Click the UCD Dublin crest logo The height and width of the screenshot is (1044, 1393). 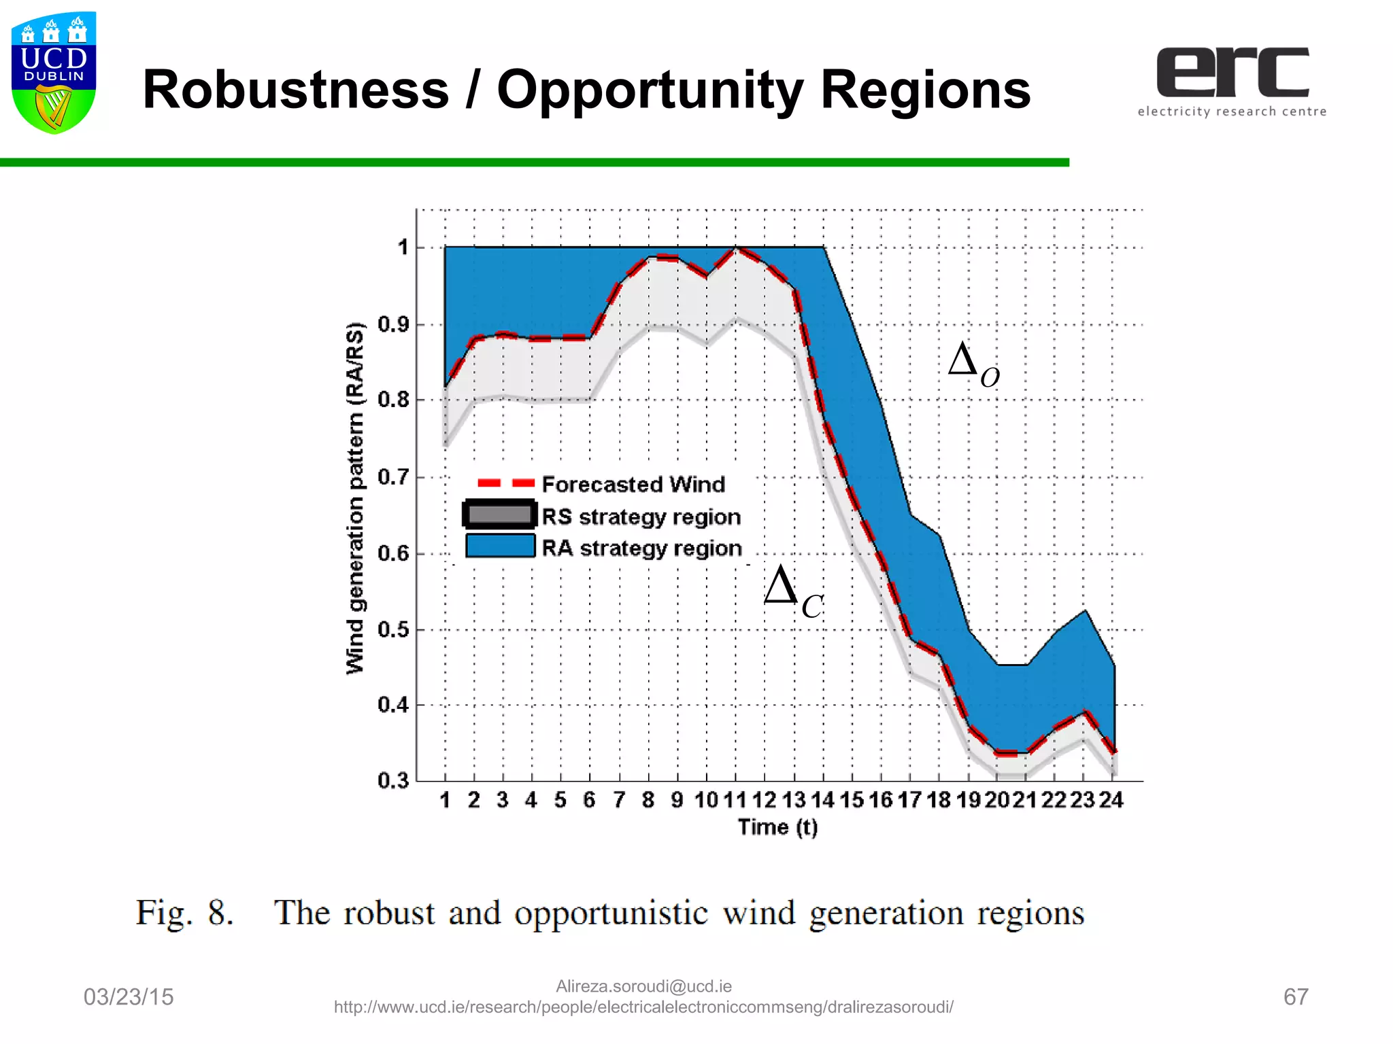pyautogui.click(x=54, y=72)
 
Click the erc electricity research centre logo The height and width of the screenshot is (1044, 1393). pyautogui.click(x=1232, y=82)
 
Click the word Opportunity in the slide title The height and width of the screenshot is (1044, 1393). pyautogui.click(x=650, y=90)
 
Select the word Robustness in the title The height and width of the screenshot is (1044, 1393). pyautogui.click(x=295, y=90)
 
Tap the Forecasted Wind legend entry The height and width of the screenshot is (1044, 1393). pyautogui.click(x=633, y=485)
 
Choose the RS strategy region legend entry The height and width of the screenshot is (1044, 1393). pyautogui.click(x=640, y=517)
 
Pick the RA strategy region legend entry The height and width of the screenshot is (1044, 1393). pyautogui.click(x=641, y=548)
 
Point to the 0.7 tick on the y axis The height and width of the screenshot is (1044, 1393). pyautogui.click(x=394, y=477)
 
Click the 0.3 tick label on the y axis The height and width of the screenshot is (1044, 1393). pyautogui.click(x=394, y=780)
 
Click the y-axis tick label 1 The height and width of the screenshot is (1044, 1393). pyautogui.click(x=403, y=247)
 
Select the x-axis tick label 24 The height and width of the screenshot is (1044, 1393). pyautogui.click(x=1111, y=800)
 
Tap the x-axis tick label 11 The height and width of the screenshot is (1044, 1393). pyautogui.click(x=735, y=800)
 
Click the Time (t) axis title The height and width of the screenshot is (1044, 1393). pyautogui.click(x=778, y=827)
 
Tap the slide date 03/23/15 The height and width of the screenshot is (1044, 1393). pyautogui.click(x=129, y=997)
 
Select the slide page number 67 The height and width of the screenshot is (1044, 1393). pyautogui.click(x=1295, y=997)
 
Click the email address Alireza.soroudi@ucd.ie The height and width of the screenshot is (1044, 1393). pyautogui.click(x=643, y=986)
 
